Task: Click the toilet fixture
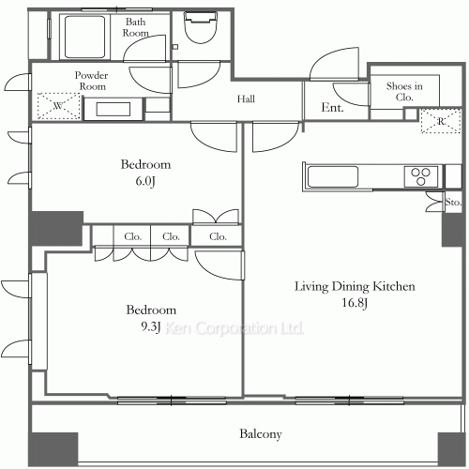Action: tap(201, 27)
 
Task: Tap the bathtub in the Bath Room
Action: tap(84, 37)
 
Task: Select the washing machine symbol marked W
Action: tap(58, 106)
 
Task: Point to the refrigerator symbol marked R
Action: tap(441, 121)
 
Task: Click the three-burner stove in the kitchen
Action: tap(421, 176)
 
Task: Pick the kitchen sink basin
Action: tap(333, 176)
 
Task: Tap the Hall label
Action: tap(246, 99)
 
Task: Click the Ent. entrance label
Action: tap(332, 108)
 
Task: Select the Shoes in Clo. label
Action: tap(404, 91)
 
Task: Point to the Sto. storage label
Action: tap(453, 203)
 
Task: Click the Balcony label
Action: tap(261, 434)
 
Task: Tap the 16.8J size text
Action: tap(355, 303)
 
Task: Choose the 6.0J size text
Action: tap(145, 181)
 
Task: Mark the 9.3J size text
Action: tap(151, 326)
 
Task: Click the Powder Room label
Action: tap(91, 81)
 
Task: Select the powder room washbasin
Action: tap(113, 109)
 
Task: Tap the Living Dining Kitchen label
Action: tap(355, 286)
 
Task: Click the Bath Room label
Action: tap(135, 27)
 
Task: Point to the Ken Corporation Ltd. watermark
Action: tap(234, 328)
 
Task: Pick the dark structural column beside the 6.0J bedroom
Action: tap(56, 228)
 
